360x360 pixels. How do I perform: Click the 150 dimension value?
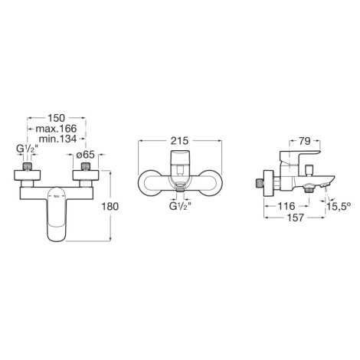[x=57, y=118]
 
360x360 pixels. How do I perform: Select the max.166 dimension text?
[x=56, y=129]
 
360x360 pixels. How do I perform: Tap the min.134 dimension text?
[x=57, y=139]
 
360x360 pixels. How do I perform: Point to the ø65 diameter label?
[x=86, y=155]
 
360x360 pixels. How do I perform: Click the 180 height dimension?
[x=110, y=207]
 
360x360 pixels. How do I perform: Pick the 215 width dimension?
[x=179, y=141]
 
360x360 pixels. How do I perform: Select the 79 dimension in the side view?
[x=305, y=141]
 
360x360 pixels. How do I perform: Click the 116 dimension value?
[x=286, y=206]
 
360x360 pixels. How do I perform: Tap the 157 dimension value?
[x=296, y=218]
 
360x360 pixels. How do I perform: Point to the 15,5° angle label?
[x=339, y=206]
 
